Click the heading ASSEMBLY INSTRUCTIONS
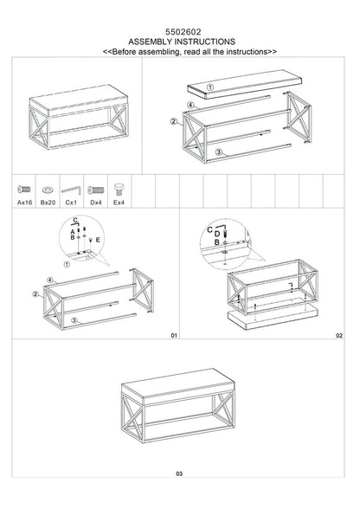181,41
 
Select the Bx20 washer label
48,201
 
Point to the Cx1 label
72,201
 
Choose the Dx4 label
96,201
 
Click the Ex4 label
119,201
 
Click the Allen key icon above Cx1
73,187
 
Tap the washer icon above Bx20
48,188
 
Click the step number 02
339,335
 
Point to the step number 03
178,474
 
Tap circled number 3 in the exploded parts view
220,152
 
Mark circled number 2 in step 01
37,295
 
